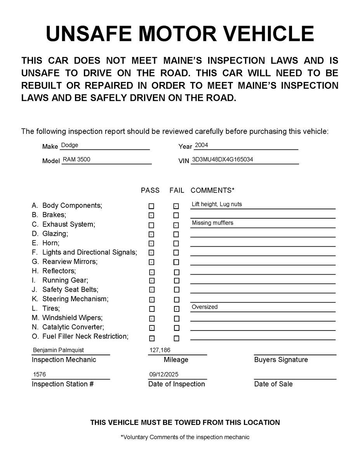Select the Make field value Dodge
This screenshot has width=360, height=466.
(70, 145)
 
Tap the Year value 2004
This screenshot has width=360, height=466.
(201, 145)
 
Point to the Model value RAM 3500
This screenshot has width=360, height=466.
(77, 159)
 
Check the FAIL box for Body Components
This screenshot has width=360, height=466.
(176, 206)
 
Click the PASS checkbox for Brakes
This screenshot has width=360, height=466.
(151, 215)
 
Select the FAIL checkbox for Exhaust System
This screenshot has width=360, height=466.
(176, 225)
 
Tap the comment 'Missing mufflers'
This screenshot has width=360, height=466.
(212, 223)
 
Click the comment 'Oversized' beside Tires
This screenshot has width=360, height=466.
(205, 307)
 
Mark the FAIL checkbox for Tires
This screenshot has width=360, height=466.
(176, 309)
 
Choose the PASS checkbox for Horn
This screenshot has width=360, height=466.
(151, 243)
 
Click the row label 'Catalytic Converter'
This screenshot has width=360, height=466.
(73, 327)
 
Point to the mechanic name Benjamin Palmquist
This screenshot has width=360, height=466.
(58, 350)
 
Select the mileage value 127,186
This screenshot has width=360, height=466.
(160, 350)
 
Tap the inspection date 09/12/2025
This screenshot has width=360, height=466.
(164, 375)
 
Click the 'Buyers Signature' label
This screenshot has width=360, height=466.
(281, 360)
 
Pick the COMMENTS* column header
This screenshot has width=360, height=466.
(212, 190)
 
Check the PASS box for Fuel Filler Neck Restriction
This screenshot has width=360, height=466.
(152, 338)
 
